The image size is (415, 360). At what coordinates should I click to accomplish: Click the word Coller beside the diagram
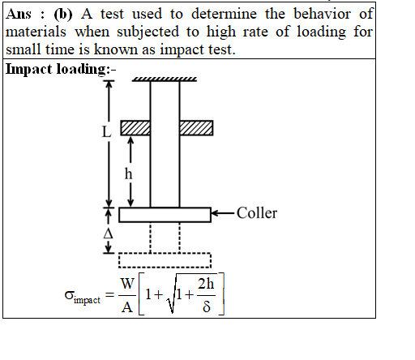coord(257,213)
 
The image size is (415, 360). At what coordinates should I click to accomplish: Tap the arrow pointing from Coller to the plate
coord(222,213)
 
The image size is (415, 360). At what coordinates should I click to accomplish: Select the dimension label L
coord(106,132)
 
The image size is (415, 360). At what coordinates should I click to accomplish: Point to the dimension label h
coord(129,174)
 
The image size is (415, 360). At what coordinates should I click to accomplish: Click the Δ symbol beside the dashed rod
coord(108,234)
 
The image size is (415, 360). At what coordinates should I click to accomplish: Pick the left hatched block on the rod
coord(135,128)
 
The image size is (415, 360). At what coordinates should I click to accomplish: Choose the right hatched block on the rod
coord(196,128)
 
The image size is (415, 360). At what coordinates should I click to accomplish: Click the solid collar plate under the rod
coord(165,215)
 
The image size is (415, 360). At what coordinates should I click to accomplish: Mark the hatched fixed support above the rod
coord(165,79)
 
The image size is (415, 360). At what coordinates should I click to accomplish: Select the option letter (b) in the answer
coord(63,14)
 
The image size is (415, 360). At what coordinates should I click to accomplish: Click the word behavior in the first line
coord(322,14)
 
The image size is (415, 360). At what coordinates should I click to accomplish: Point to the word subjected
coord(148,32)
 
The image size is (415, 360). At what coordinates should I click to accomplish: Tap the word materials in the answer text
coord(36,32)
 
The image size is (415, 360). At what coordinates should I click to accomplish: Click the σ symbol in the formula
coord(69,295)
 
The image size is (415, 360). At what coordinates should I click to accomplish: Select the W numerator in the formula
coord(127,284)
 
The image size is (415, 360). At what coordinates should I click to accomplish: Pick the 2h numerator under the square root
coord(206,284)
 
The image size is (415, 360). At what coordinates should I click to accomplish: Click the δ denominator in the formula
coord(207,306)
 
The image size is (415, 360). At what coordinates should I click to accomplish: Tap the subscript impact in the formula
coord(87,300)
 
